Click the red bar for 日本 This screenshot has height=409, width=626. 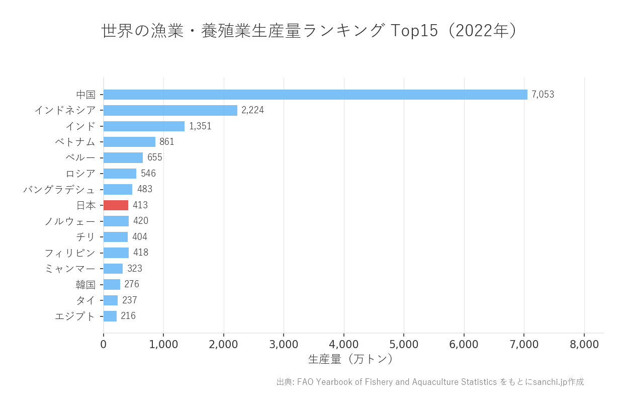[116, 205]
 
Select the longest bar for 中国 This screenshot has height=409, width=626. [315, 95]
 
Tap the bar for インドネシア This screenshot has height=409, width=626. [170, 110]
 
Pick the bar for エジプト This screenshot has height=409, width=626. [110, 316]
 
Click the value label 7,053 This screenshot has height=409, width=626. [543, 95]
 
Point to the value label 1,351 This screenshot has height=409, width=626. [200, 126]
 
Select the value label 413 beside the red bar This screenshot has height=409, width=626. [140, 205]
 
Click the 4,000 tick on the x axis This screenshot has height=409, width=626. [344, 345]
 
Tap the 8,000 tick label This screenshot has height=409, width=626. [584, 345]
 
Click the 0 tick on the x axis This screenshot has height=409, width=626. [104, 345]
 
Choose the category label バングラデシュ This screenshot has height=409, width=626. [59, 190]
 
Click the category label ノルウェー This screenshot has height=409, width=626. [70, 221]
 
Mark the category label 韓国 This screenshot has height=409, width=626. [85, 285]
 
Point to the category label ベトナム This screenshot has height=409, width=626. [75, 142]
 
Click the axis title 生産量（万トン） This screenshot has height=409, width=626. [350, 359]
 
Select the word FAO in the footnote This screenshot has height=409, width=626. [305, 382]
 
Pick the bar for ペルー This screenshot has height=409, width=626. [123, 158]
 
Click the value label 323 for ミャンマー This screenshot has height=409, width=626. [135, 269]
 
